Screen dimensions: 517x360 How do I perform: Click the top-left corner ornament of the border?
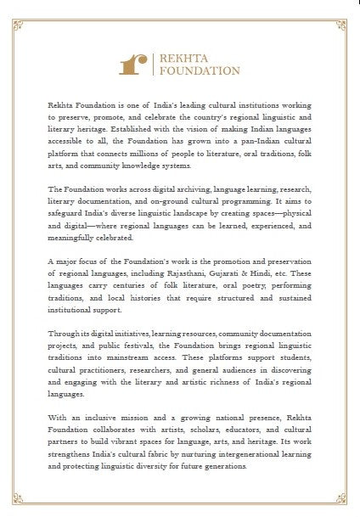11,11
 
